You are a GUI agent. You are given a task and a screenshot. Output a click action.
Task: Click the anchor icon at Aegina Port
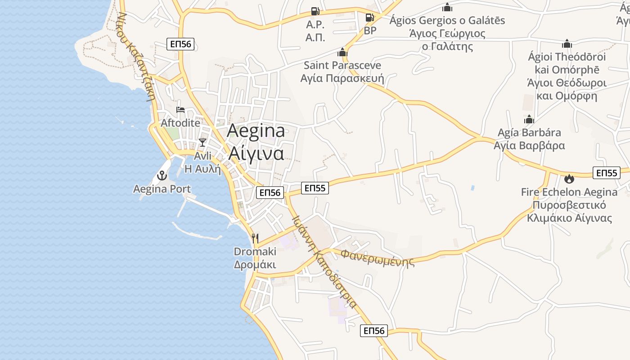coord(162,175)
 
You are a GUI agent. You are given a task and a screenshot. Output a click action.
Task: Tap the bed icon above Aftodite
coord(180,109)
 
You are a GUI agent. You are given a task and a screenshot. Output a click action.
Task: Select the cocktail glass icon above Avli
coord(202,143)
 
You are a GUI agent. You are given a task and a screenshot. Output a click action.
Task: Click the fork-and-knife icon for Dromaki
coord(255,238)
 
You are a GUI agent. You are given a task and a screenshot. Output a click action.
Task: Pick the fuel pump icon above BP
coord(369,18)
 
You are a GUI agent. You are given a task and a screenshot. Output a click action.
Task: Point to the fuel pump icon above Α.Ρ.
coord(315,11)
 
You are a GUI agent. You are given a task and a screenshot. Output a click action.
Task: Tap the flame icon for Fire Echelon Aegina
coord(569,179)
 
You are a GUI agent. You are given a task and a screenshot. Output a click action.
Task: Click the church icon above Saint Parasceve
coord(342,52)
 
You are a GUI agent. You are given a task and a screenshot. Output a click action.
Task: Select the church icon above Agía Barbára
coord(529,119)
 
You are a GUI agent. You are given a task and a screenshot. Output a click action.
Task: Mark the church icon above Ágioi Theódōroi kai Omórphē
coord(567,44)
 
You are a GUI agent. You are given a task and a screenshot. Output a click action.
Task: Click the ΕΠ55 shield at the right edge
coord(607,173)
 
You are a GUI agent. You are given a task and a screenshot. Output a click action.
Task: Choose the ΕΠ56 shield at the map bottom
coord(373,331)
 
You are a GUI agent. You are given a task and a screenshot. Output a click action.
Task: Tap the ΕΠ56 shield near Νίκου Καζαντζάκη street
coord(180,44)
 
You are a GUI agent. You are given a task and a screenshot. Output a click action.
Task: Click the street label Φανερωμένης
coord(377,258)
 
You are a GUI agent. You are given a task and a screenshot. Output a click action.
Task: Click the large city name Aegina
coord(256,131)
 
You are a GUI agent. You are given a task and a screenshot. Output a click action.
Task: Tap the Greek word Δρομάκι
coord(255,265)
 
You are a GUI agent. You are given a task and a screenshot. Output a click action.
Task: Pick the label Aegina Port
coord(162,189)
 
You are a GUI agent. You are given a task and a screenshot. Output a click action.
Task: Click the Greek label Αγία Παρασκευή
coord(342,78)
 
